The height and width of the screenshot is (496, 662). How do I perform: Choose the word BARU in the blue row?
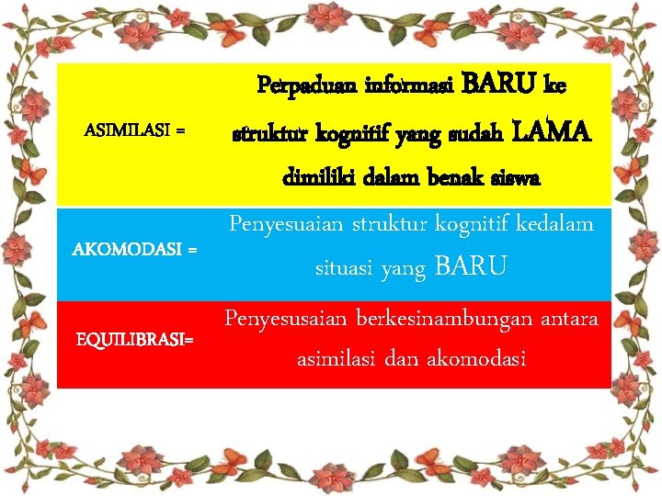point(469,268)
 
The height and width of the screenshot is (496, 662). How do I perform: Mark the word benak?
point(452,178)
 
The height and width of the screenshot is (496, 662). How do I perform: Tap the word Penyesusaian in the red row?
point(282,319)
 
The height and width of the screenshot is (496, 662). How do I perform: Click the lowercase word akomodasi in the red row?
point(479,359)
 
